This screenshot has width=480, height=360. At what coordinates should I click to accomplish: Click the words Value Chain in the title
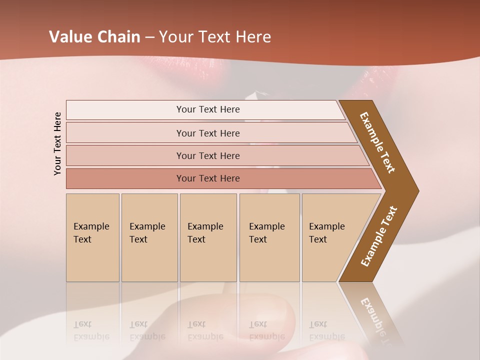(x=94, y=37)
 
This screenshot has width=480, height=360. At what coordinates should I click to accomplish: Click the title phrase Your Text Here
(x=215, y=37)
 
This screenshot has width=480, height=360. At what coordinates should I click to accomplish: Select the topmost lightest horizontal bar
(x=207, y=109)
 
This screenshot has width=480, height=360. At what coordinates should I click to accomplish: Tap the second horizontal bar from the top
(x=207, y=133)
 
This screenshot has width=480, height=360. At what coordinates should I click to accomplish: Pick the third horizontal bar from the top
(x=207, y=155)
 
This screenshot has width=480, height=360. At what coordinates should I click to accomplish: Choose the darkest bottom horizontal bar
(x=207, y=178)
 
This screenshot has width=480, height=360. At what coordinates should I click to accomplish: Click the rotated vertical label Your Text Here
(x=57, y=143)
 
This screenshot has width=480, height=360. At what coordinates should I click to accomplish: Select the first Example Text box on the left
(x=92, y=237)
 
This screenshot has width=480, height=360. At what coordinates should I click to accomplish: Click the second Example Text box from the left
(x=149, y=237)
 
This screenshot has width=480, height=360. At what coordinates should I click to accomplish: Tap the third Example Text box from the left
(x=208, y=237)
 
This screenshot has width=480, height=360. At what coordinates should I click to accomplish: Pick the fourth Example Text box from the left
(x=269, y=237)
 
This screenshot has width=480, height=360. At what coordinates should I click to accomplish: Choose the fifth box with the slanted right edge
(x=330, y=237)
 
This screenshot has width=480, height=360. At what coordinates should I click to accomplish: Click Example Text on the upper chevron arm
(x=377, y=142)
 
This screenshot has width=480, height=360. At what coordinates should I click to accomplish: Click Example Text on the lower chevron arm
(x=378, y=236)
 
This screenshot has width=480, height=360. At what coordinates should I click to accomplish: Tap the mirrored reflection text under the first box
(x=91, y=331)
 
